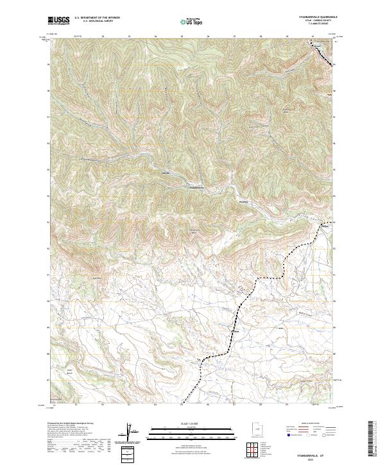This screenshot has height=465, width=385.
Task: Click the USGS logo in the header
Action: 58,21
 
